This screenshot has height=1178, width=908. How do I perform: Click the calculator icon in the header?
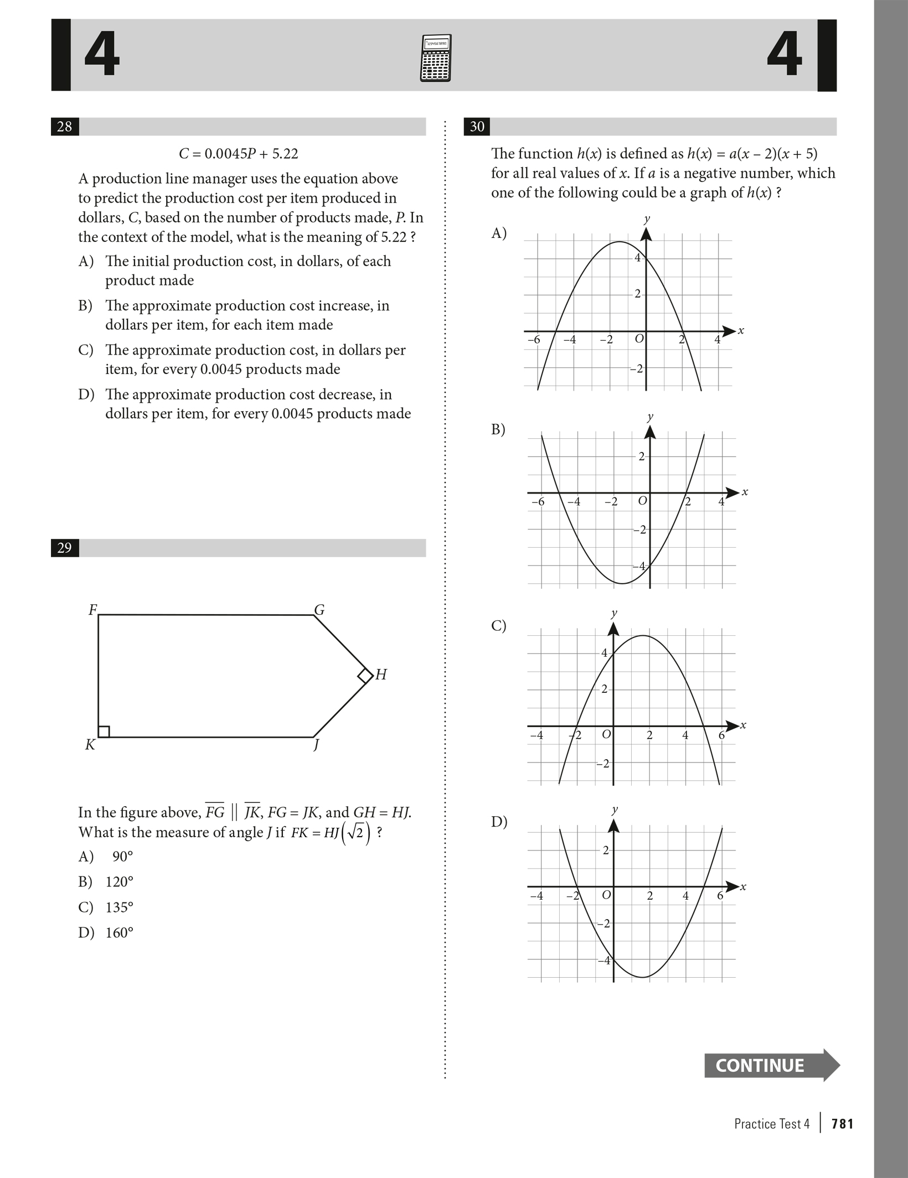click(436, 58)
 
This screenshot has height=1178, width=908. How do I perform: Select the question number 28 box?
click(65, 127)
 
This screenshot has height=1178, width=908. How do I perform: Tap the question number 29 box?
click(65, 548)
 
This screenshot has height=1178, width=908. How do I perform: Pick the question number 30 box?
click(477, 127)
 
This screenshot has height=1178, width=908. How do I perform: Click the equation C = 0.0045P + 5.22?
click(239, 154)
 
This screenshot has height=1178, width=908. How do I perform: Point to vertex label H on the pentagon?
click(381, 674)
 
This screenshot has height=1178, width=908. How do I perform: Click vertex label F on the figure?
click(92, 610)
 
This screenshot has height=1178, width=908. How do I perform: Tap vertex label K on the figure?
click(90, 745)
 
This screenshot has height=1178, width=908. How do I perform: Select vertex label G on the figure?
click(319, 610)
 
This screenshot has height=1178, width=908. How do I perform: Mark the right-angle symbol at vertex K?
click(104, 731)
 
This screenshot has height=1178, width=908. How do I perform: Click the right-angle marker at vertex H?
click(365, 676)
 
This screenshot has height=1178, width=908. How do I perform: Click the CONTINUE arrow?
click(772, 1065)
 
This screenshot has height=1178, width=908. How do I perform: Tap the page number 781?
click(842, 1124)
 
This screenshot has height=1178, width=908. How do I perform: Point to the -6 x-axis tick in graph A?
click(533, 340)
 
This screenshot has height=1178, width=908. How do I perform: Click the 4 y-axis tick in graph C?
click(604, 653)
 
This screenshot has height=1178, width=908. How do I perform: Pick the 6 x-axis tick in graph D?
click(720, 895)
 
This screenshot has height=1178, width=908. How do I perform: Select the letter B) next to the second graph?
click(498, 429)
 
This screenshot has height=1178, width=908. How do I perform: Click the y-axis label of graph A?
click(646, 219)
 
